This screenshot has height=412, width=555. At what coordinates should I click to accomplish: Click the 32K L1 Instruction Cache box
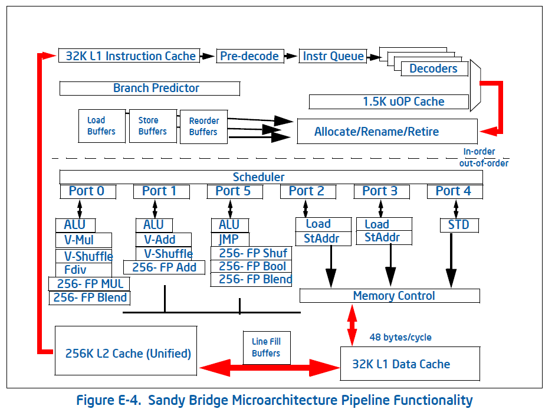point(130,56)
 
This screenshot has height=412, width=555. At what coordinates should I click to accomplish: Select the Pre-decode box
point(249,56)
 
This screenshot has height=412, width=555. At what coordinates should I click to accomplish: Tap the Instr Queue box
point(333,56)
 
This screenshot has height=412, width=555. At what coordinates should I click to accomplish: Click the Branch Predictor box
point(150,89)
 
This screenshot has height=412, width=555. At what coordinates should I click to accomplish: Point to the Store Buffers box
point(153,126)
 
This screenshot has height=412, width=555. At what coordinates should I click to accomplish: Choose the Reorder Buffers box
point(203,126)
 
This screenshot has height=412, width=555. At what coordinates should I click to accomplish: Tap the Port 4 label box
point(454,191)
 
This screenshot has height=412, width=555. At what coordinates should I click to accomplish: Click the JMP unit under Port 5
point(230,240)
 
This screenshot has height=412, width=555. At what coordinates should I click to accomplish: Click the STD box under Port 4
point(459,225)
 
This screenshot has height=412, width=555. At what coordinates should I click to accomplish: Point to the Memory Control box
point(389,296)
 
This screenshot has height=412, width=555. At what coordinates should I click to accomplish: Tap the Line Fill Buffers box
point(266,347)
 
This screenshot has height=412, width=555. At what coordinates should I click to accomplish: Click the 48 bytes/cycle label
point(400,338)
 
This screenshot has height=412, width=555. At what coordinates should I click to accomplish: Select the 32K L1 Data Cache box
point(401,364)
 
